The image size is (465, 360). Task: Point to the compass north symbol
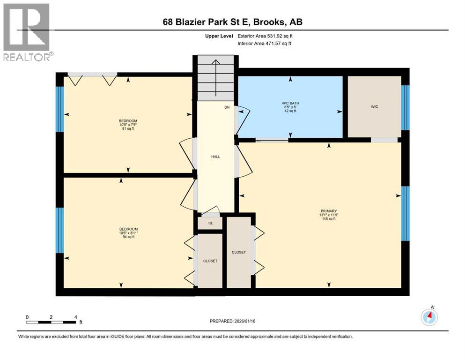click(x=429, y=317)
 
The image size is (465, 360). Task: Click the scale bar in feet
click(x=52, y=322)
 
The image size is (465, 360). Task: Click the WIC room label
click(x=374, y=107)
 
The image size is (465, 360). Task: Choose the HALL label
click(x=215, y=157)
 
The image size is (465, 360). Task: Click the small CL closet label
click(x=211, y=223)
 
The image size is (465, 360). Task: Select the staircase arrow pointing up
click(x=215, y=75)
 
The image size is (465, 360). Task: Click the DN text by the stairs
click(x=227, y=107)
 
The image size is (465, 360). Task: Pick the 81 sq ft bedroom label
click(x=128, y=125)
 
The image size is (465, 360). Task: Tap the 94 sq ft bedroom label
click(x=128, y=233)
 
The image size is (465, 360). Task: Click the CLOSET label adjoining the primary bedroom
click(x=239, y=252)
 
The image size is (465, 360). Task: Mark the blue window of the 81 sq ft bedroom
click(x=59, y=110)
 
